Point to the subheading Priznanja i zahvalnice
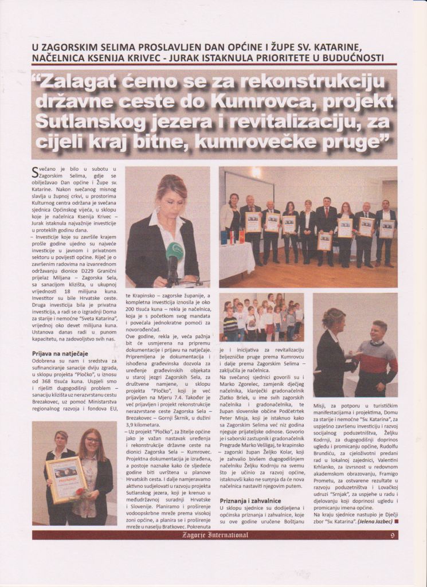point(250,500)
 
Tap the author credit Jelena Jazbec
point(373,522)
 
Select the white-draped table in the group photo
point(237,259)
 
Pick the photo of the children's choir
point(261,318)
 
